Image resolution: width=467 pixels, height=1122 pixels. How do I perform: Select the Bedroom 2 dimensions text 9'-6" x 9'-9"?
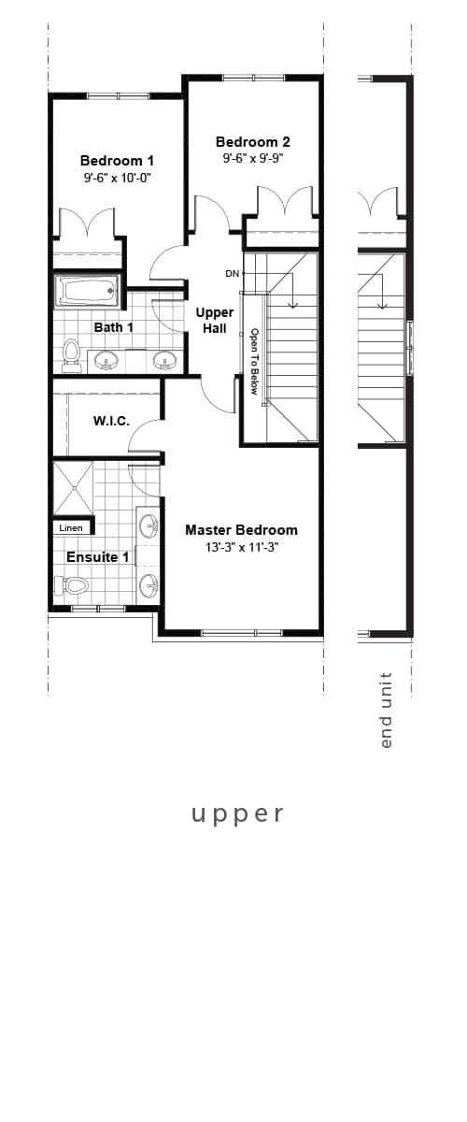pyautogui.click(x=252, y=159)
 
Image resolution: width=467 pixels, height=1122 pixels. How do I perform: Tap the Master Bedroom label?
pyautogui.click(x=241, y=530)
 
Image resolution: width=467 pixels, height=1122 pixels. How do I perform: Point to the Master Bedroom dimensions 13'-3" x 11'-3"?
pyautogui.click(x=241, y=548)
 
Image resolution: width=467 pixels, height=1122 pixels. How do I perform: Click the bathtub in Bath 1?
pyautogui.click(x=88, y=291)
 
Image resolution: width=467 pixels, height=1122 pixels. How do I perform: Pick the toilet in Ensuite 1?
pyautogui.click(x=72, y=585)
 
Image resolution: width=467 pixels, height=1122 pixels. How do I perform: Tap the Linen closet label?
pyautogui.click(x=71, y=528)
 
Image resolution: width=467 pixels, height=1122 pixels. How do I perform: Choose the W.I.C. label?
pyautogui.click(x=111, y=422)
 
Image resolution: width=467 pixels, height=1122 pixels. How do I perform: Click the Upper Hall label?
pyautogui.click(x=215, y=320)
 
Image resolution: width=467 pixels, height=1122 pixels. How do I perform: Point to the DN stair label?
pyautogui.click(x=233, y=274)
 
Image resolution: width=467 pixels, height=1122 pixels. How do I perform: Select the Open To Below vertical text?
pyautogui.click(x=253, y=361)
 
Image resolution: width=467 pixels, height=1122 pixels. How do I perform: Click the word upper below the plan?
pyautogui.click(x=237, y=813)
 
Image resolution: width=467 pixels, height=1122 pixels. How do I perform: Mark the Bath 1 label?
pyautogui.click(x=113, y=327)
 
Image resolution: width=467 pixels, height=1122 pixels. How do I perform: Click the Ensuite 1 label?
pyautogui.click(x=97, y=557)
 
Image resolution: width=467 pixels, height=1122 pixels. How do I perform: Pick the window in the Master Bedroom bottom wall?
pyautogui.click(x=242, y=633)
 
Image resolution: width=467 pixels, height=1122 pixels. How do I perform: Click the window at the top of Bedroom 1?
pyautogui.click(x=118, y=95)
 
